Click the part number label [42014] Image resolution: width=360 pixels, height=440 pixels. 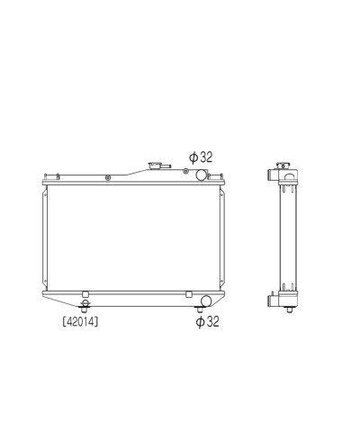click(x=81, y=319)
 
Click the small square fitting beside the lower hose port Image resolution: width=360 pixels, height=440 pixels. click(x=188, y=294)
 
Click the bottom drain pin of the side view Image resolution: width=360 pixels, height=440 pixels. click(x=288, y=310)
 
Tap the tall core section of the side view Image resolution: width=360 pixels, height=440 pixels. click(x=288, y=238)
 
